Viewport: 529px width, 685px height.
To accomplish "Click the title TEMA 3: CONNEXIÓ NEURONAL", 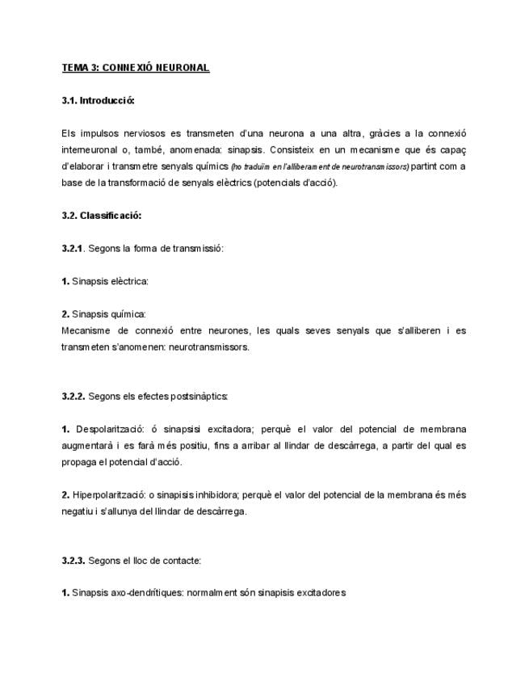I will [136, 68].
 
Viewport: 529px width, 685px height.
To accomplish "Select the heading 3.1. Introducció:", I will [98, 101].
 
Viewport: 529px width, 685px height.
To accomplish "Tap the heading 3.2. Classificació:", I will [101, 216].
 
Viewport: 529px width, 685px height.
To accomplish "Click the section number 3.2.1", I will [72, 248].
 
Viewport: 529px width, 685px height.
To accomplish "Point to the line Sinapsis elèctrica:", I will [110, 281].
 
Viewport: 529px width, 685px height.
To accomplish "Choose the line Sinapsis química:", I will [108, 313].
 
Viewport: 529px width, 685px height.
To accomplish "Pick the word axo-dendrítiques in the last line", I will [142, 593].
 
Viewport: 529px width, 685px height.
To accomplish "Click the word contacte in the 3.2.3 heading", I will [181, 560].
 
